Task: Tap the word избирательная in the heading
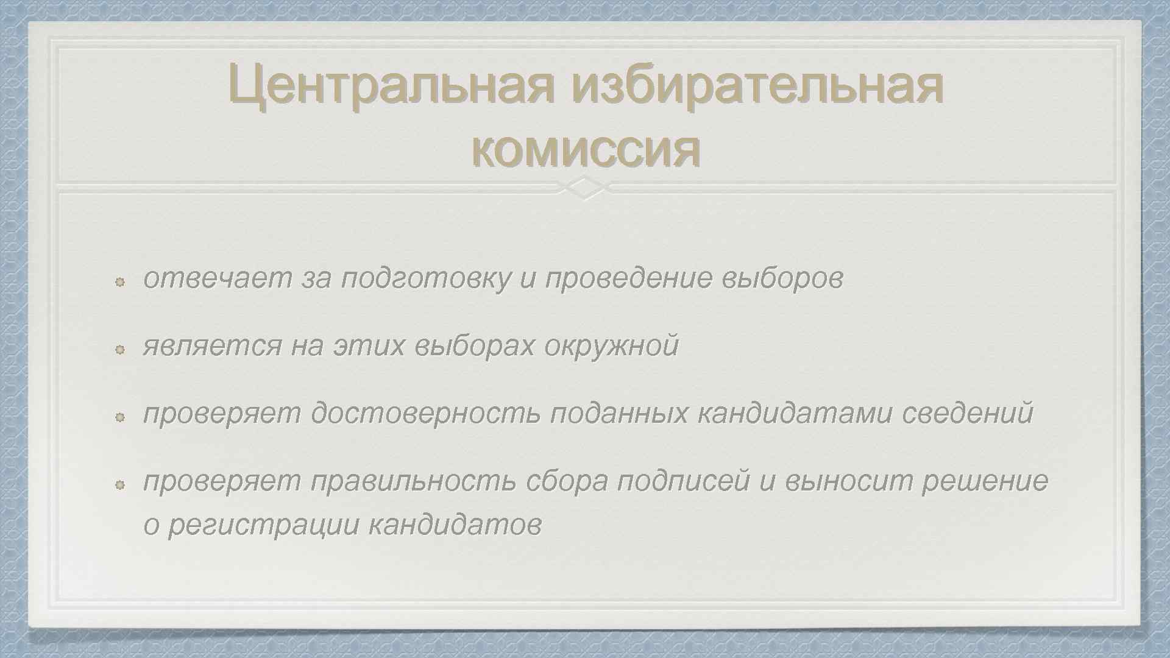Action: pyautogui.click(x=757, y=86)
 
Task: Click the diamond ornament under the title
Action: pyautogui.click(x=584, y=188)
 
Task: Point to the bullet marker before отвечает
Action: pyautogui.click(x=120, y=281)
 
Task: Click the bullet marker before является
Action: pyautogui.click(x=120, y=349)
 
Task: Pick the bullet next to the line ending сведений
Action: pyautogui.click(x=120, y=417)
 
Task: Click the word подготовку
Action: pyautogui.click(x=426, y=279)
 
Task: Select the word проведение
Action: pyautogui.click(x=628, y=279)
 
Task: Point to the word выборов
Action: pyautogui.click(x=782, y=279)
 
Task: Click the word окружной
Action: pyautogui.click(x=611, y=346)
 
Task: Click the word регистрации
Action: pyautogui.click(x=263, y=525)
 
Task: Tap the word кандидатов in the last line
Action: pyautogui.click(x=455, y=525)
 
